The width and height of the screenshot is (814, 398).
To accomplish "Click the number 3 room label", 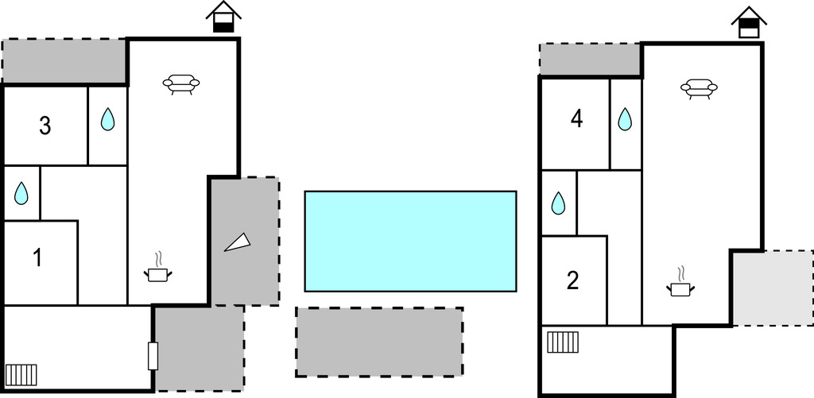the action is [45, 126].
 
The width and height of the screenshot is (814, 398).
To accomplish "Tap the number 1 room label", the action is [37, 258].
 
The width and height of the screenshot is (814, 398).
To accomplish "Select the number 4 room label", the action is [576, 119].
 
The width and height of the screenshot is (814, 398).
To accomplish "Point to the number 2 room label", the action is [572, 280].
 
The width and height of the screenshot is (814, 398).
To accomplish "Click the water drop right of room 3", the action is [107, 119].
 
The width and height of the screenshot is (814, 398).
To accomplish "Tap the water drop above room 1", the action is [21, 193].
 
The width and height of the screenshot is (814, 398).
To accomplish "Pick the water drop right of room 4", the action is [625, 119].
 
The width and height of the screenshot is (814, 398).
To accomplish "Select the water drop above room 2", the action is [558, 203].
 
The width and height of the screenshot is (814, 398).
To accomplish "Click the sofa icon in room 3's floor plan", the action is [181, 84].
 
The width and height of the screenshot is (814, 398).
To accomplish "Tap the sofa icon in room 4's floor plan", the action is [699, 89].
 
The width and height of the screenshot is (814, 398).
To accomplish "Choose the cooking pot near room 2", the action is [680, 283].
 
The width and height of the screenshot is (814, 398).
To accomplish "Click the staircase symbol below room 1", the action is [21, 375].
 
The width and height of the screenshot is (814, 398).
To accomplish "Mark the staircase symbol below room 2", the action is [563, 342].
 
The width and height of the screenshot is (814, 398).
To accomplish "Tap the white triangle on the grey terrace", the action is [238, 243].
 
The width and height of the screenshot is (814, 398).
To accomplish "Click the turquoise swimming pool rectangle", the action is [411, 242].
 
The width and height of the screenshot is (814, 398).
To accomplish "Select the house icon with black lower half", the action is [223, 17].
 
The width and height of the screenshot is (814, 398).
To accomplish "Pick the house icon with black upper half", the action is [749, 22].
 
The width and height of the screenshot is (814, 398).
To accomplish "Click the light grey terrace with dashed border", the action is [773, 288].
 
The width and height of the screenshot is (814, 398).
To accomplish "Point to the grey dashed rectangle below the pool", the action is [379, 342].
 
